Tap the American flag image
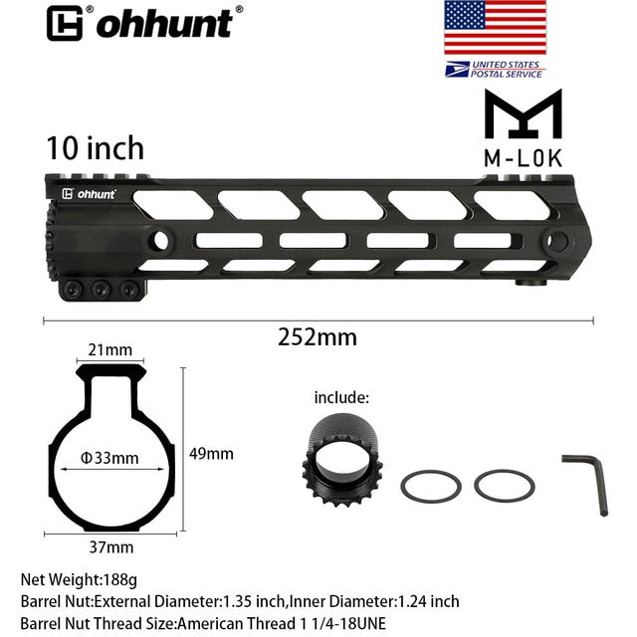click(495, 28)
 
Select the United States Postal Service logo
click(495, 68)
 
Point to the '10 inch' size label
click(95, 148)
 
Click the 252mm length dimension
click(318, 336)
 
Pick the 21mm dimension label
click(109, 349)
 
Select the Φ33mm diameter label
click(109, 458)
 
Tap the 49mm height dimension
click(211, 453)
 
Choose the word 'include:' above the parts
click(341, 397)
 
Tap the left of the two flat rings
click(430, 487)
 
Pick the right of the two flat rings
click(505, 486)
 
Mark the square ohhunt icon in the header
click(65, 23)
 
